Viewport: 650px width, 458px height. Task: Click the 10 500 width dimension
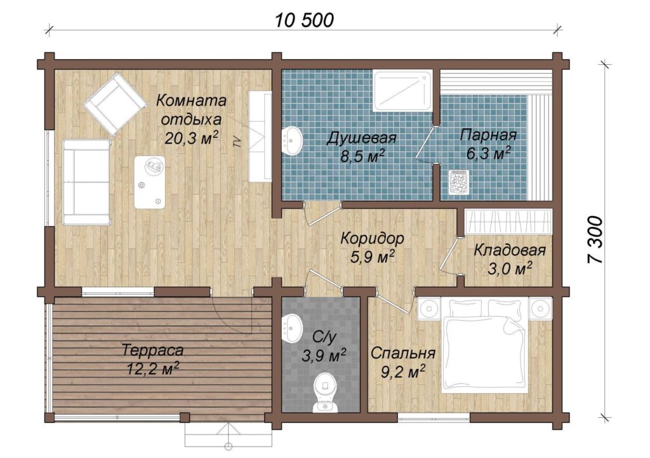tap(304, 20)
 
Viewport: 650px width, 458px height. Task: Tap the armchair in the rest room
tap(116, 104)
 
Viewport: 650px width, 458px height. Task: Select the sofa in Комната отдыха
tap(86, 182)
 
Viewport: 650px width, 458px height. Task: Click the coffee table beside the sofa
tap(150, 182)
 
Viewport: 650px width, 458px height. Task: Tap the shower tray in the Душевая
tap(402, 91)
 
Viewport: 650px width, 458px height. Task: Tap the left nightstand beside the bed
tap(429, 309)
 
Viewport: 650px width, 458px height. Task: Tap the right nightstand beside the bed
tap(540, 309)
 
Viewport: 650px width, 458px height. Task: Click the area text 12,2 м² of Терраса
tap(153, 369)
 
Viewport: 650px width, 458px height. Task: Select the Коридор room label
tap(372, 239)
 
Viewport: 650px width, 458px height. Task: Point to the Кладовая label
tap(510, 250)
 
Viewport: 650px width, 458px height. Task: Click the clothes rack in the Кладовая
tap(508, 220)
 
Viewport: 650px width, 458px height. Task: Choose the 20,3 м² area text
tap(192, 138)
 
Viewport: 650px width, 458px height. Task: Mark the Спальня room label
tap(403, 353)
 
